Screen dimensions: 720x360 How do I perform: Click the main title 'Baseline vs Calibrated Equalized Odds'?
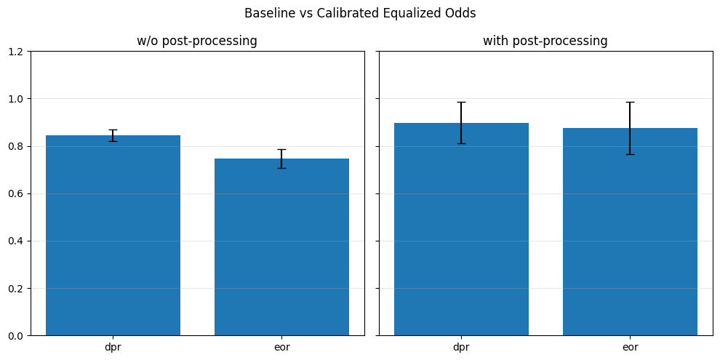(x=360, y=13)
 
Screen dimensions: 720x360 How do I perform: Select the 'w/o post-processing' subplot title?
(x=197, y=41)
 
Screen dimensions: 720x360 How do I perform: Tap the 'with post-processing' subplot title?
(x=545, y=41)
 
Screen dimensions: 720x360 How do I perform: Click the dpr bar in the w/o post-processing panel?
(x=113, y=236)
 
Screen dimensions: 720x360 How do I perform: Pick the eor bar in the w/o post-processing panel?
(x=281, y=247)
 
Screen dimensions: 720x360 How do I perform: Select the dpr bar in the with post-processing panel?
(x=462, y=229)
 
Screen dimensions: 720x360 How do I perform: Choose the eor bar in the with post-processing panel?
(x=630, y=232)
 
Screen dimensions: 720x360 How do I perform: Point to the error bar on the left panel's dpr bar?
(x=113, y=135)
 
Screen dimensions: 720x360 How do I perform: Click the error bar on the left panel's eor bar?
(x=281, y=159)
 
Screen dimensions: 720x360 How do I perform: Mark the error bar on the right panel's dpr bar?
(x=462, y=123)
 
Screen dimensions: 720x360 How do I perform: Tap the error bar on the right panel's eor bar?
(x=630, y=128)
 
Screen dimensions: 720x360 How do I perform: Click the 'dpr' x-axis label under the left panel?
(x=113, y=348)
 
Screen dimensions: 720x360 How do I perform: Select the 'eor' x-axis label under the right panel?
(x=630, y=348)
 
